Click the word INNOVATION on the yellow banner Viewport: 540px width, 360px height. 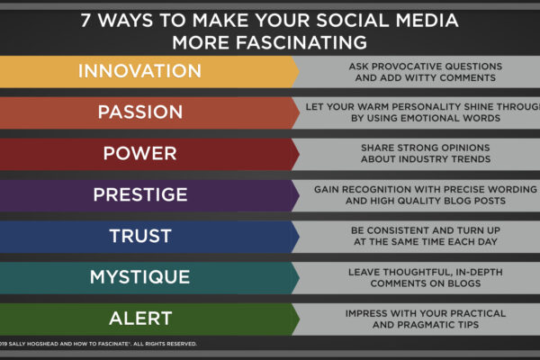pyautogui.click(x=139, y=71)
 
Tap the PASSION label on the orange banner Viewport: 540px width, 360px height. pyautogui.click(x=140, y=112)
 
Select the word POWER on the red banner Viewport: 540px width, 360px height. pyautogui.click(x=139, y=153)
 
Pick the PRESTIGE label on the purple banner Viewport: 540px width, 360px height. pyautogui.click(x=140, y=194)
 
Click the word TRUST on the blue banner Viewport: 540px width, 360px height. pyautogui.click(x=140, y=236)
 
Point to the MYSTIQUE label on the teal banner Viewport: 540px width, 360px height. pyautogui.click(x=139, y=277)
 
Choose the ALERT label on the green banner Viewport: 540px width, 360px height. pyautogui.click(x=140, y=319)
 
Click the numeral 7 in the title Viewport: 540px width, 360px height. pyautogui.click(x=85, y=20)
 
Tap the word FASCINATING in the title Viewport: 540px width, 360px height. pyautogui.click(x=301, y=42)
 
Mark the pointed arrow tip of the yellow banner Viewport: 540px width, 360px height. pyautogui.click(x=299, y=72)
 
